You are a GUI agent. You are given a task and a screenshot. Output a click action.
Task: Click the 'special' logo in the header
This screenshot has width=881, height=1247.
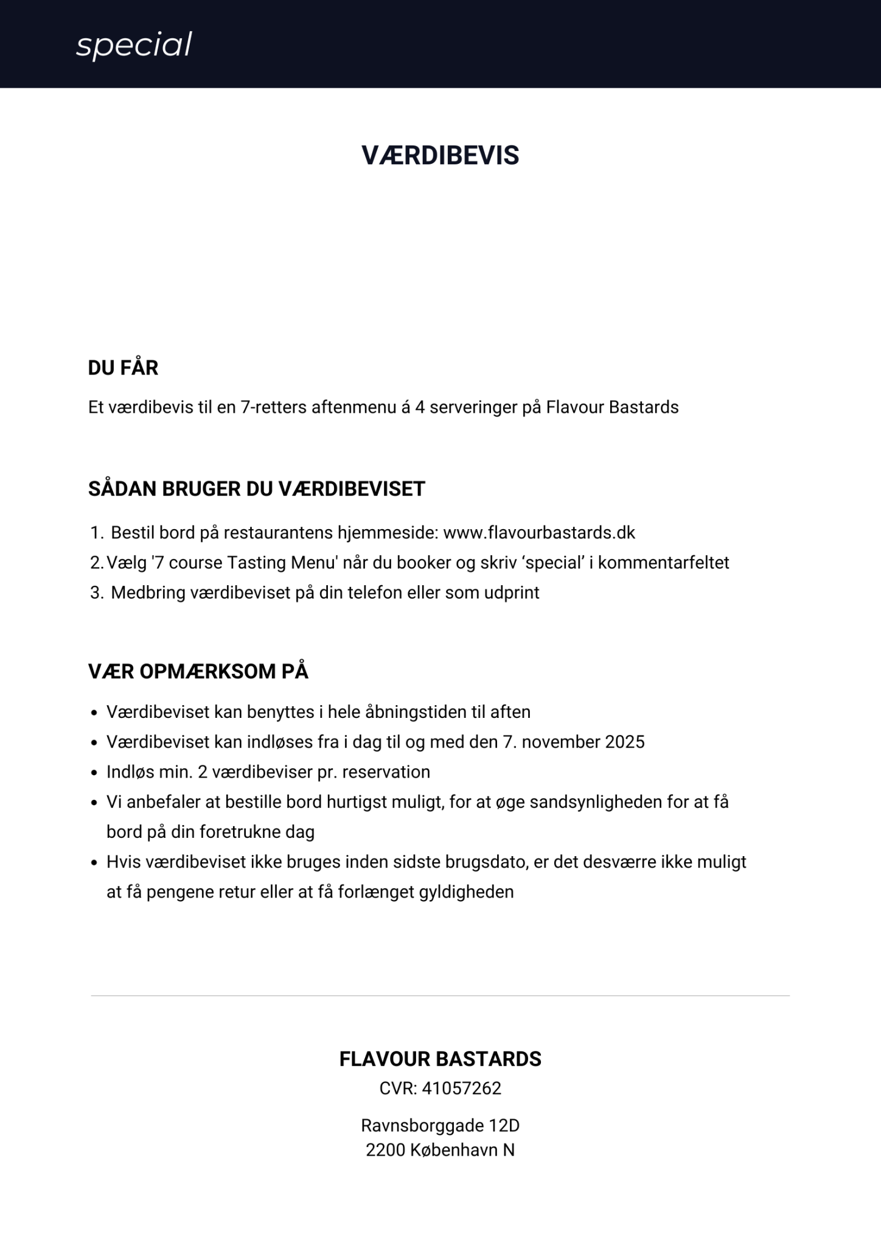pos(134,45)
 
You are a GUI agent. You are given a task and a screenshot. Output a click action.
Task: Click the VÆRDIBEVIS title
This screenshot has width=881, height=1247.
pos(441,156)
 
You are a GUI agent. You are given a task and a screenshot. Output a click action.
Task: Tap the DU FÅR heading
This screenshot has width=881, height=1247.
pos(123,368)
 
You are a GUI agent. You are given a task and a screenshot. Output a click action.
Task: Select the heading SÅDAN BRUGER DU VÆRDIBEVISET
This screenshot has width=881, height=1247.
pos(256,489)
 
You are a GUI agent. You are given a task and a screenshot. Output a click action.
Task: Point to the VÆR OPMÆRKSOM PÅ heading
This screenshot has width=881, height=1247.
pos(198,672)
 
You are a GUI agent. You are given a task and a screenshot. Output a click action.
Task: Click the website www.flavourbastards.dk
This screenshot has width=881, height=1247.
pos(539,533)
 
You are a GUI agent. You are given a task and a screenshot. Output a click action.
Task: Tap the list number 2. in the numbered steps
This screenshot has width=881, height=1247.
pos(97,563)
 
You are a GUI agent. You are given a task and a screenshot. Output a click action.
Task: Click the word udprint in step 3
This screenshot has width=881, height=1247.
pos(512,592)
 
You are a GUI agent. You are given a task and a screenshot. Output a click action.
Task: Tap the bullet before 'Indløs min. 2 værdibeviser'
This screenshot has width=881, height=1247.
pos(94,773)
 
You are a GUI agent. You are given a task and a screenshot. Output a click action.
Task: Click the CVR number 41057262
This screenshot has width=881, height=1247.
pos(462,1088)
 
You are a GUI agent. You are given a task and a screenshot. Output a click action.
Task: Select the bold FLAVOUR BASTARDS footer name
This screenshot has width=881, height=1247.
pos(441,1059)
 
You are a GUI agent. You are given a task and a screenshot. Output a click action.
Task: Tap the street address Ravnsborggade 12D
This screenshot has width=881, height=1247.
pos(441,1125)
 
